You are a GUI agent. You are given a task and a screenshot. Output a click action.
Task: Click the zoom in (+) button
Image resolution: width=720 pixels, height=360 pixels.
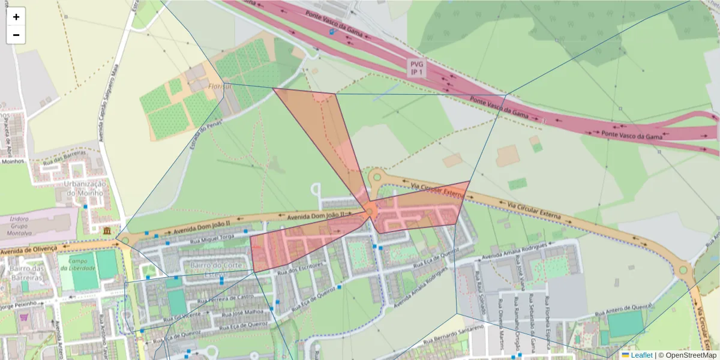click(16, 17)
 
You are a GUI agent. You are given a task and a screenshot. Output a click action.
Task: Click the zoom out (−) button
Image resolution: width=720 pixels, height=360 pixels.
click(16, 35)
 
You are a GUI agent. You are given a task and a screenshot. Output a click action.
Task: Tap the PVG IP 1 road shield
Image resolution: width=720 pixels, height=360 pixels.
click(416, 67)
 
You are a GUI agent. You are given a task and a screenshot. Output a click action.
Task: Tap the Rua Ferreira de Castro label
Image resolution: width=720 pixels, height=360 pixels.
click(225, 296)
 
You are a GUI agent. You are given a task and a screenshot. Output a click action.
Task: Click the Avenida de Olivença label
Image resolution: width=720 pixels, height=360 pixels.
click(29, 248)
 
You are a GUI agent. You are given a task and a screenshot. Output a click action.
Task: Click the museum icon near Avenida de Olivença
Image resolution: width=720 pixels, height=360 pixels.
click(107, 232)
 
